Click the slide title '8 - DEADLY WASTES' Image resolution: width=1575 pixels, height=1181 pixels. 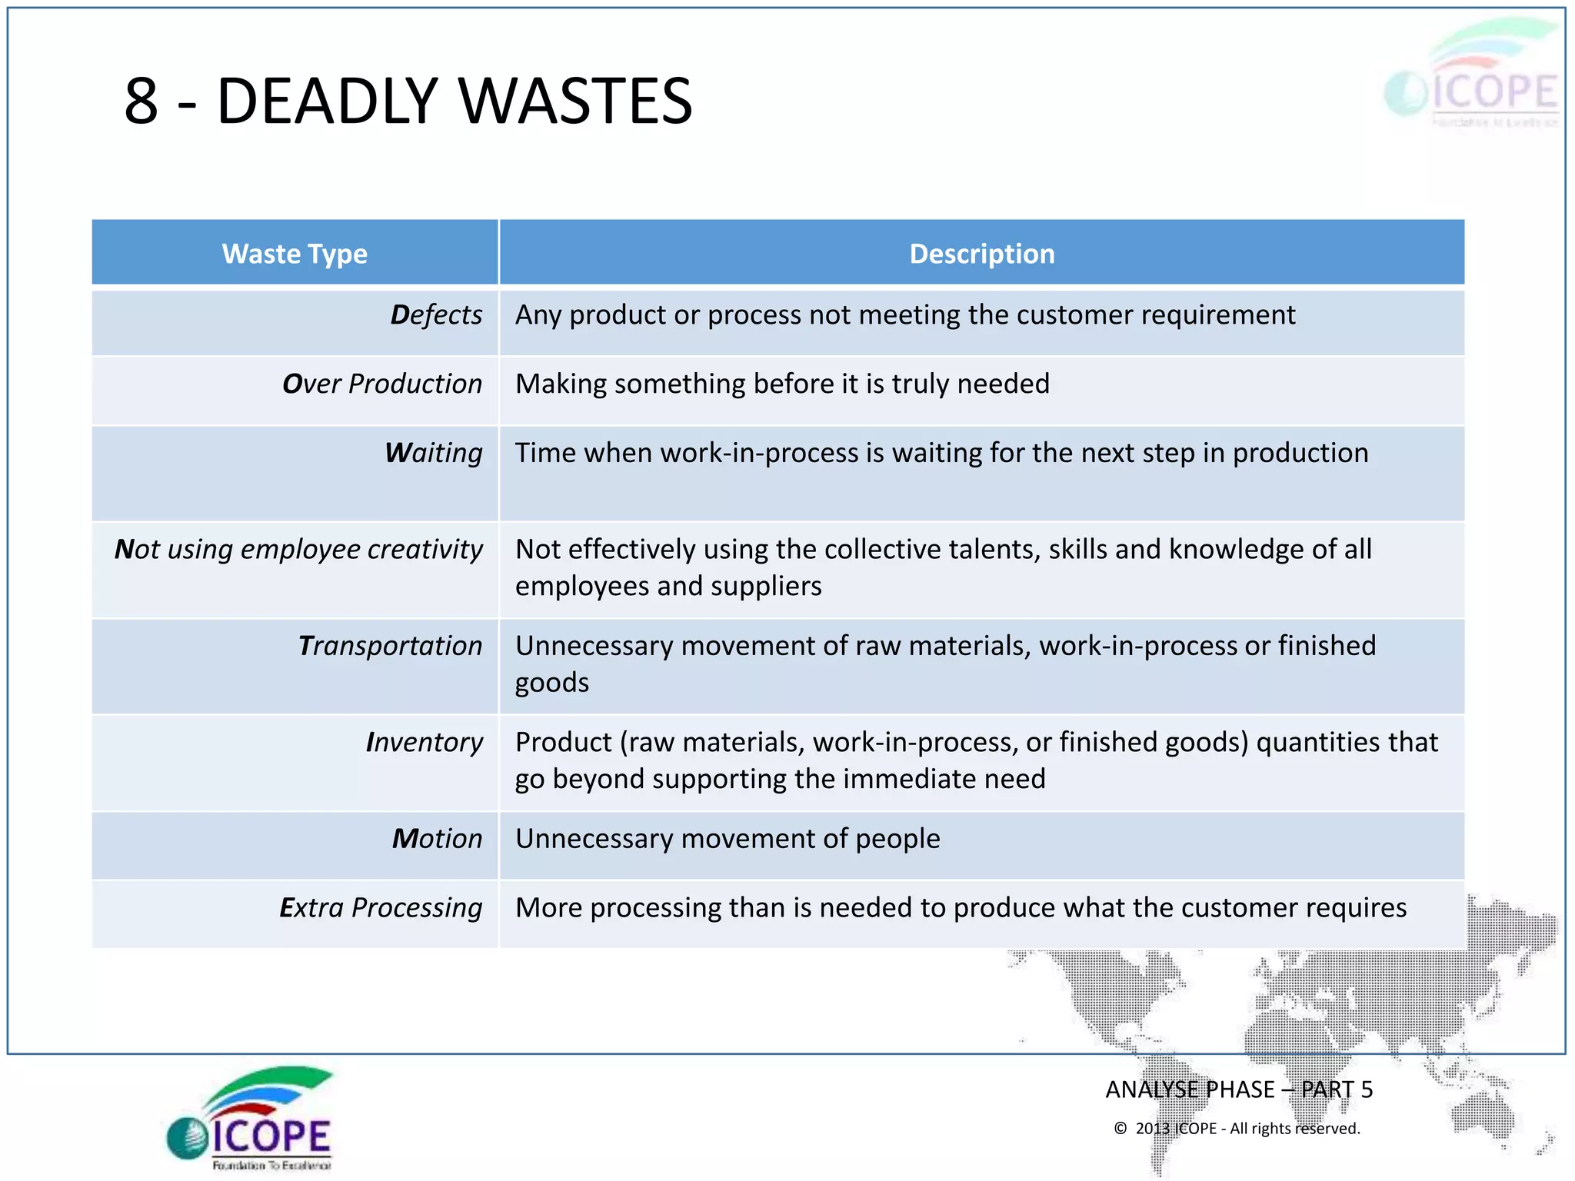click(x=408, y=101)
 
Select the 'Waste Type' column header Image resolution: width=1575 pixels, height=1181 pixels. click(x=295, y=254)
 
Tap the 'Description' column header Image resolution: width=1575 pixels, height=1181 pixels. click(x=981, y=254)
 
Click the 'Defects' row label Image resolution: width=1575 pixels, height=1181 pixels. click(x=436, y=315)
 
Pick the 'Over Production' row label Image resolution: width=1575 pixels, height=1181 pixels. click(x=382, y=384)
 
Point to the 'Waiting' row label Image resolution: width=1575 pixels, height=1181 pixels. click(x=434, y=453)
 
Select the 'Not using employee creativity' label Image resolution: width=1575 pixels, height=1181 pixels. click(x=298, y=549)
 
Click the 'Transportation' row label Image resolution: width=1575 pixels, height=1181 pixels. click(x=390, y=646)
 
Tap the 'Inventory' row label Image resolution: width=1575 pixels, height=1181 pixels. click(x=425, y=742)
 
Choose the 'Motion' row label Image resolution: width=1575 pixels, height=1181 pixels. click(x=437, y=838)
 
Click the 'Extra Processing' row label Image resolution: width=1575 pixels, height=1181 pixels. click(x=381, y=907)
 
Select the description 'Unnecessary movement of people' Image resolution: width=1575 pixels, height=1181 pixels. click(x=728, y=838)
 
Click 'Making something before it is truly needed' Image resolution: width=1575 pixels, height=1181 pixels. click(x=782, y=384)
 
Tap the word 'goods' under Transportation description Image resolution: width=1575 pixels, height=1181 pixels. click(x=552, y=684)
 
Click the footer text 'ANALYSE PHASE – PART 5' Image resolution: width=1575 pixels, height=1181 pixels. click(x=1238, y=1090)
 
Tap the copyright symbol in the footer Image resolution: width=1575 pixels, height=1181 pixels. click(x=1120, y=1129)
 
